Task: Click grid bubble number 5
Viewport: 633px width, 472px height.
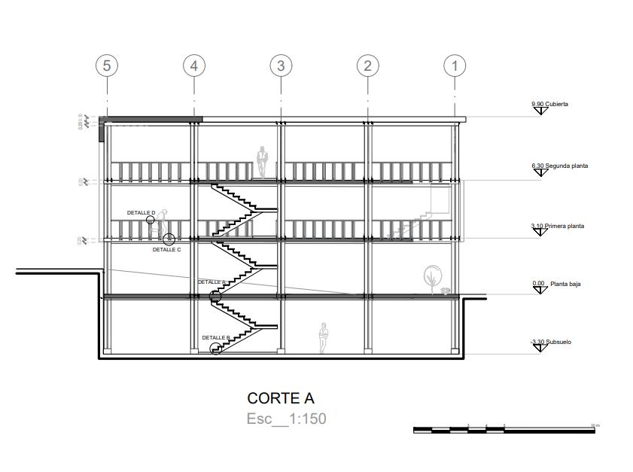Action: pos(107,65)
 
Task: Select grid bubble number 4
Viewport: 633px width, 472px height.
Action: pos(194,65)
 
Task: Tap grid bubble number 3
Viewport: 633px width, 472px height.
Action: pos(281,65)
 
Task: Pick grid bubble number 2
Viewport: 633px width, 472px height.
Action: pos(367,65)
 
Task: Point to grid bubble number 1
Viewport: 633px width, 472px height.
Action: pos(455,65)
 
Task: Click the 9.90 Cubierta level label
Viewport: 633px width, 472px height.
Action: pos(549,104)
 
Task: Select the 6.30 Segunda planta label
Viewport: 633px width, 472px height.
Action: pos(559,166)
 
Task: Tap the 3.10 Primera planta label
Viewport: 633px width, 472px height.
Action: pos(557,226)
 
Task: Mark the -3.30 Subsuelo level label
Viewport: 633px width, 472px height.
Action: pos(551,342)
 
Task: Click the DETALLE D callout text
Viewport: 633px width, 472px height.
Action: pos(141,213)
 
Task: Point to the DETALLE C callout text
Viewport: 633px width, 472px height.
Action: pos(166,249)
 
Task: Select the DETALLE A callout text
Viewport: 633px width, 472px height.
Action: pos(212,282)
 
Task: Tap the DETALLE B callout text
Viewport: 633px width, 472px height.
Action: pos(216,337)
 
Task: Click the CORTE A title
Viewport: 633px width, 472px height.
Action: pos(281,397)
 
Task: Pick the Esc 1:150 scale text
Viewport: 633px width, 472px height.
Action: pos(286,419)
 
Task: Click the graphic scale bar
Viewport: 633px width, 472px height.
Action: pos(506,430)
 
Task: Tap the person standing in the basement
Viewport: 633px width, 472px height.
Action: pos(324,337)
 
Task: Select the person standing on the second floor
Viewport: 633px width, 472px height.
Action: pos(263,161)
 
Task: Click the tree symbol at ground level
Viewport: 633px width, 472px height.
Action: pos(432,276)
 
